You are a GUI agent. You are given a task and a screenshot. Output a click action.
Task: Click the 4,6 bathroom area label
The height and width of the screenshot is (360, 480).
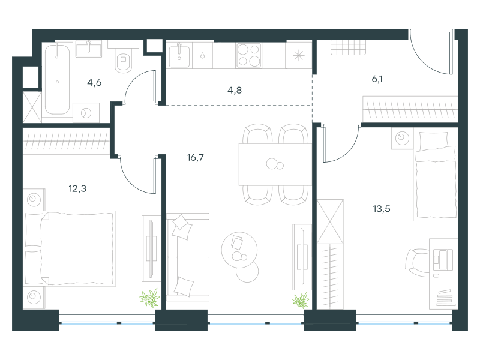94,83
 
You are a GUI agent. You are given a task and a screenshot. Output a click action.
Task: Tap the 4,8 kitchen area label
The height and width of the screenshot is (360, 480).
235,91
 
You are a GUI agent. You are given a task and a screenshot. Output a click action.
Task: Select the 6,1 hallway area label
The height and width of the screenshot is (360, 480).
377,79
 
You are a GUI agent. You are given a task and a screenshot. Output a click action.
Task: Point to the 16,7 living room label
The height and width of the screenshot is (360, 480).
196,158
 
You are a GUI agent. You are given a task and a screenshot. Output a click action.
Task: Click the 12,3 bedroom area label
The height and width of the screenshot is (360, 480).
77,188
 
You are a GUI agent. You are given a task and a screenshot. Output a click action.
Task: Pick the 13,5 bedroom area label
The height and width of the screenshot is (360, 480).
382,209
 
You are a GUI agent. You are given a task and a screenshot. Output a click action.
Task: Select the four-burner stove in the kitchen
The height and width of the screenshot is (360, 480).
248,55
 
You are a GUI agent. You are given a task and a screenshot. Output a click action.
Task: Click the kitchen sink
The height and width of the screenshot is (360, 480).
179,55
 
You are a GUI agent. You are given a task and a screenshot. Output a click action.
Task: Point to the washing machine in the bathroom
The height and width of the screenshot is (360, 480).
86,113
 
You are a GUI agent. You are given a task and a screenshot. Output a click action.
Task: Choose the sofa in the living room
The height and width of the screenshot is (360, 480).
188,257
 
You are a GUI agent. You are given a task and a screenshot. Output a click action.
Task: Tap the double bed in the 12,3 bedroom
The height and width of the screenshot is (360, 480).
70,248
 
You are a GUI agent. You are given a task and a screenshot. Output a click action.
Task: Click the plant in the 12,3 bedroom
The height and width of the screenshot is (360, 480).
149,298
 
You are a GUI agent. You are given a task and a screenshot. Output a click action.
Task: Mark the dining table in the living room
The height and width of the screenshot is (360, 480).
275,164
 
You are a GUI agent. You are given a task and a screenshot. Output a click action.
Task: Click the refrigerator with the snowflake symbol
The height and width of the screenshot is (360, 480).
298,55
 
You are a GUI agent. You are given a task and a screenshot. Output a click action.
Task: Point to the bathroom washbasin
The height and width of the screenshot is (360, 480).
89,49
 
